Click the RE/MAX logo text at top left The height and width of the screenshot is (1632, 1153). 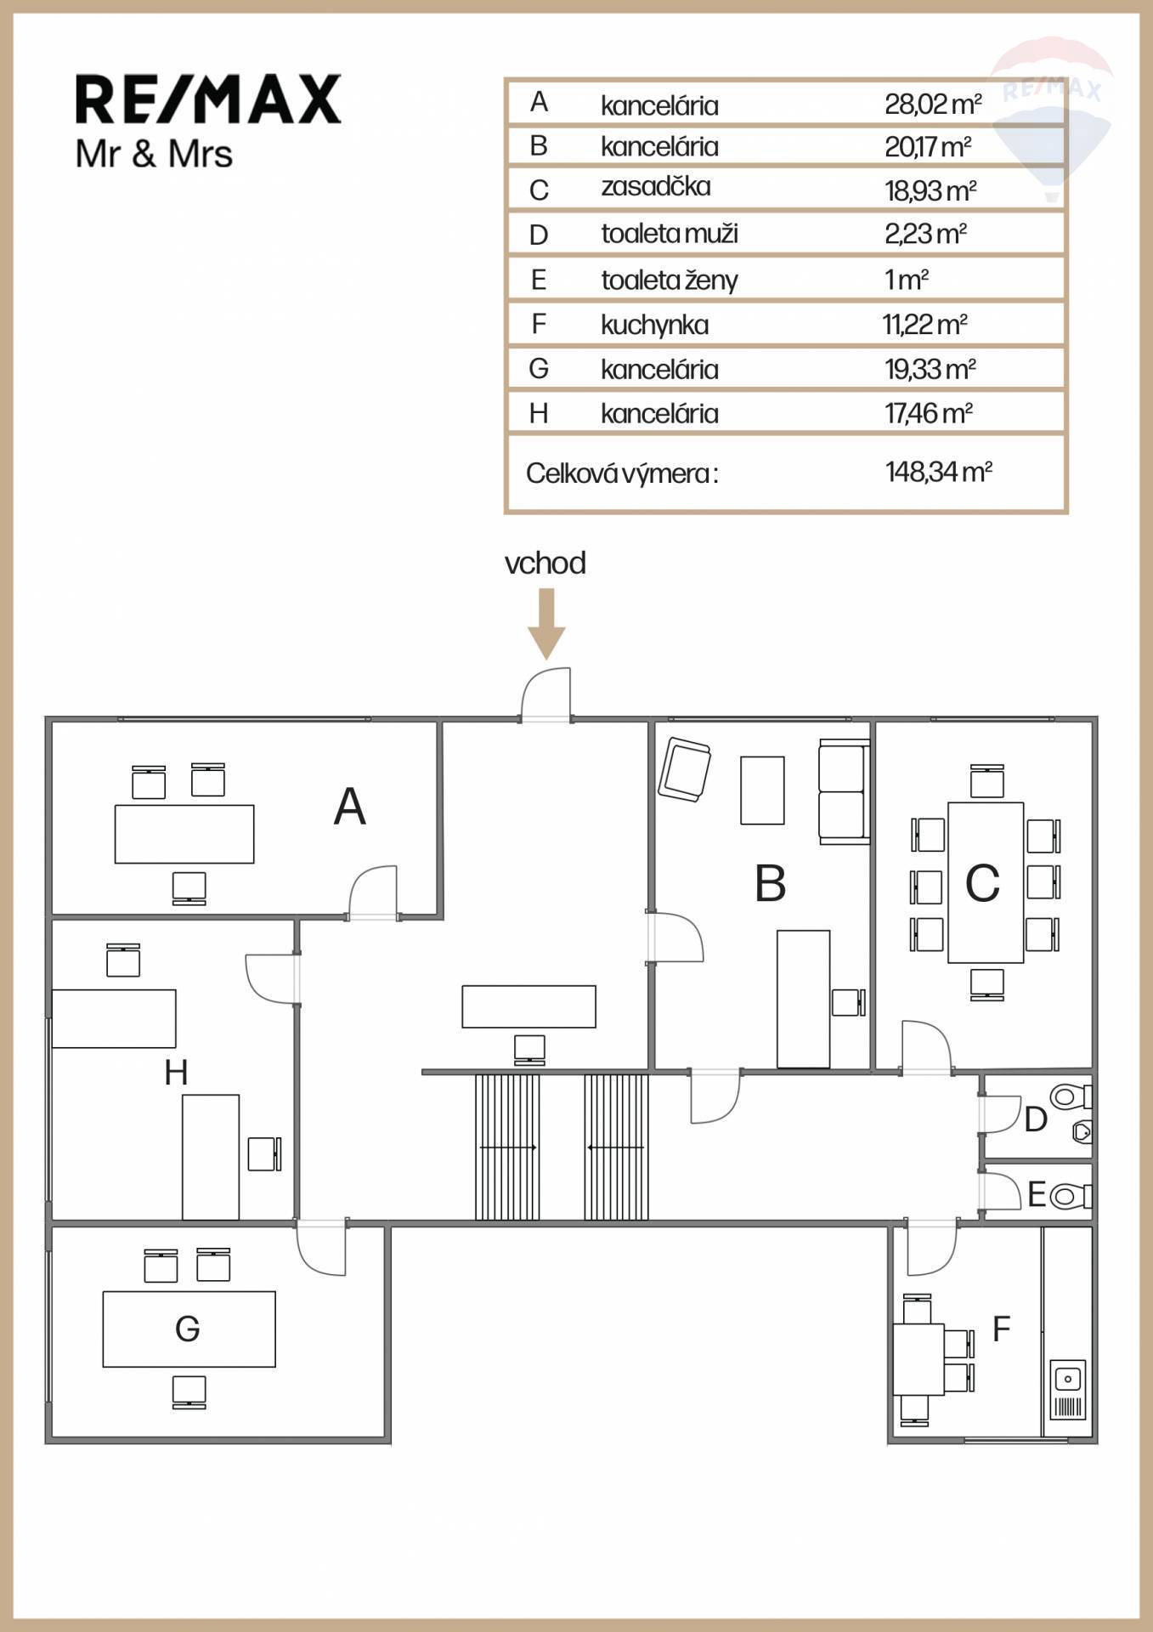(208, 99)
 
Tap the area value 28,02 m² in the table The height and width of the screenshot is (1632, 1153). (933, 105)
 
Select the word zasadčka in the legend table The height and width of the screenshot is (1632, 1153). (656, 186)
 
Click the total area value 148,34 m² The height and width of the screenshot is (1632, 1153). (938, 472)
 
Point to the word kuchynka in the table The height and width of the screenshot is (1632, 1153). (654, 325)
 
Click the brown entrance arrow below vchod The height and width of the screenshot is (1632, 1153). (546, 624)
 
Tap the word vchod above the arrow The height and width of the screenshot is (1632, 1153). (545, 564)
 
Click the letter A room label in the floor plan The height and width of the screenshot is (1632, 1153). (349, 807)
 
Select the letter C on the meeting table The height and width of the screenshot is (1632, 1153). (982, 883)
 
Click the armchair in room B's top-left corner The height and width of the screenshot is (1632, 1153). (684, 768)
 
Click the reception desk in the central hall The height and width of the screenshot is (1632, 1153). (528, 1006)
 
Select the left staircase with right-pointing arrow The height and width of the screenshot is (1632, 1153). (507, 1147)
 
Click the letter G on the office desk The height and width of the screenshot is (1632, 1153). (187, 1329)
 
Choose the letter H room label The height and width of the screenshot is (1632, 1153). (176, 1073)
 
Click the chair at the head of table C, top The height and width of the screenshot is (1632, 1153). (986, 780)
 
